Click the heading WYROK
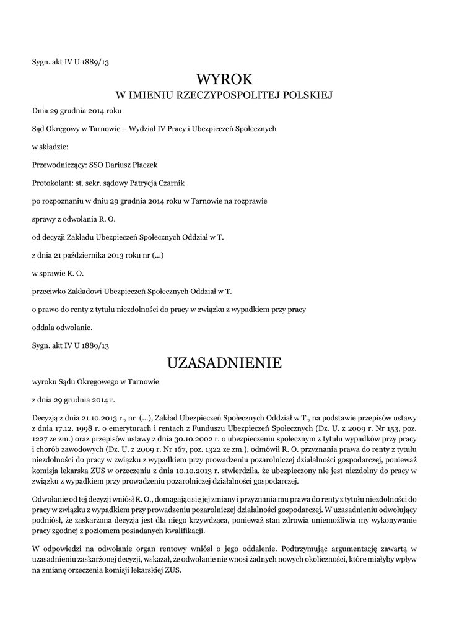[x=224, y=79]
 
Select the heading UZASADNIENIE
[x=224, y=363]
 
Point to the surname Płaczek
[x=143, y=165]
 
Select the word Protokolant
[x=51, y=183]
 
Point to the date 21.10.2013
[x=88, y=410]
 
